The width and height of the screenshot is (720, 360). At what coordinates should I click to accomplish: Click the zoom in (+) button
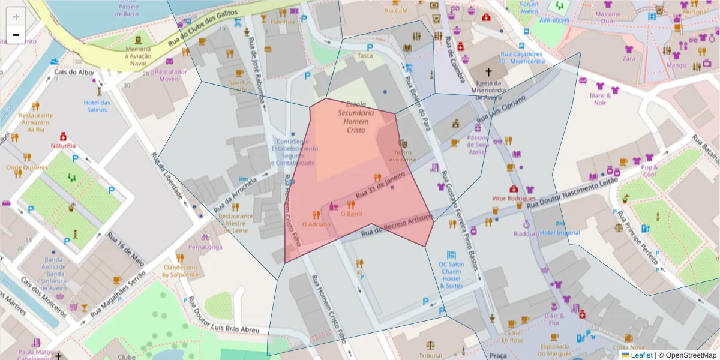click(16, 17)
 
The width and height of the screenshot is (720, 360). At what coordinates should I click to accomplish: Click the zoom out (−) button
click(16, 35)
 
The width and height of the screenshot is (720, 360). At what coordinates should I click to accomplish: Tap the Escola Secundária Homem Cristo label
click(356, 117)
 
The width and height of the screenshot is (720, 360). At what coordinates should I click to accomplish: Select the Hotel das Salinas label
click(97, 106)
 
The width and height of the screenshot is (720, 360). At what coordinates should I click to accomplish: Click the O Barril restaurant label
click(351, 214)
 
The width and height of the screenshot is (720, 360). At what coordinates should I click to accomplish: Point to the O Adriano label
click(316, 224)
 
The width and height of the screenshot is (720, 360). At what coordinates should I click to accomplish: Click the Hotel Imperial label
click(560, 233)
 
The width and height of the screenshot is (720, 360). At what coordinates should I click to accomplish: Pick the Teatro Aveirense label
click(402, 156)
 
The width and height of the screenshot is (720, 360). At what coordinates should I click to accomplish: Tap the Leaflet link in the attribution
click(641, 355)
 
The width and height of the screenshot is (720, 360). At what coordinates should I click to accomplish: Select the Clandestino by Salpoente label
click(180, 271)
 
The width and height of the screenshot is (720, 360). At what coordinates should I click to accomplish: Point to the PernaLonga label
click(205, 247)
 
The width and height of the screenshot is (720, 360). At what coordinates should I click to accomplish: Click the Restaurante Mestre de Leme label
click(235, 223)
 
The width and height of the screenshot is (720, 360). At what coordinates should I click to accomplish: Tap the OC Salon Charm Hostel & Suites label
click(451, 275)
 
